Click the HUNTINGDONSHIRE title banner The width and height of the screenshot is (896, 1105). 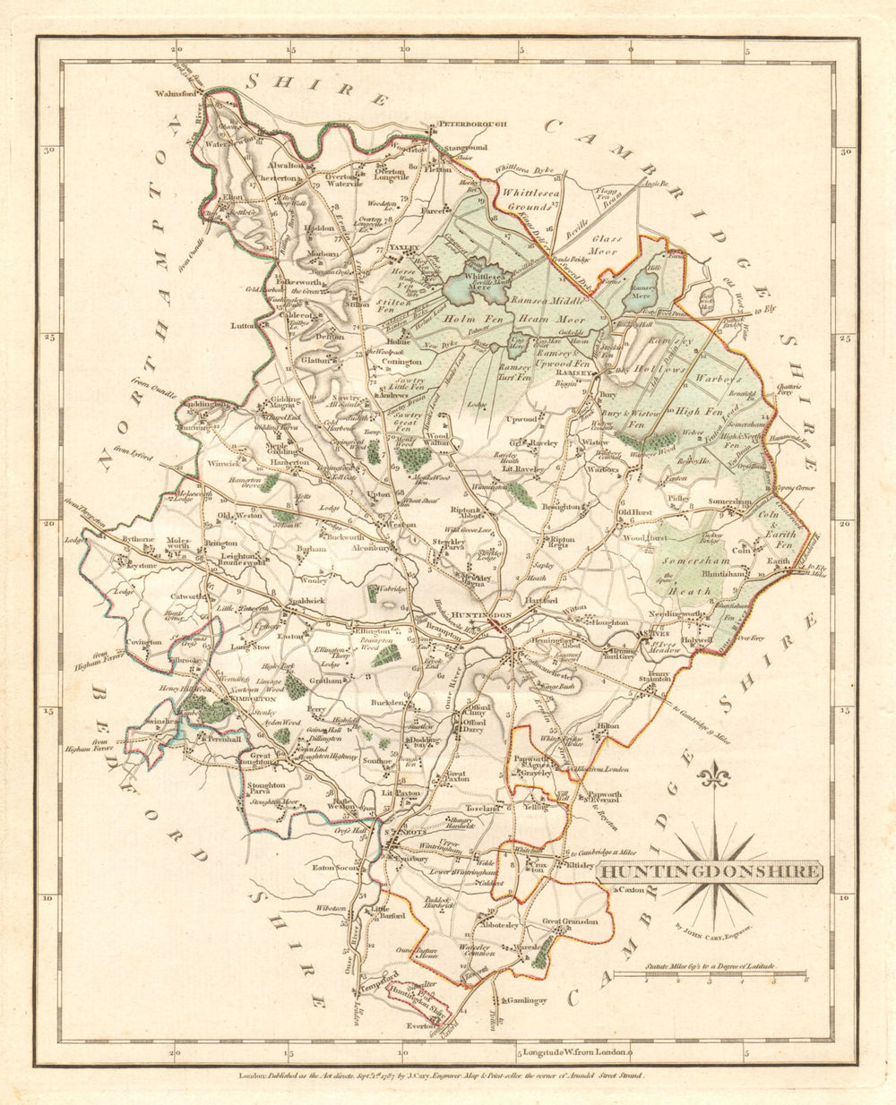tap(708, 871)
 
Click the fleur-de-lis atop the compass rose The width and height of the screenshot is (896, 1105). tap(715, 777)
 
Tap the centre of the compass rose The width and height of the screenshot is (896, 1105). tap(715, 867)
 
